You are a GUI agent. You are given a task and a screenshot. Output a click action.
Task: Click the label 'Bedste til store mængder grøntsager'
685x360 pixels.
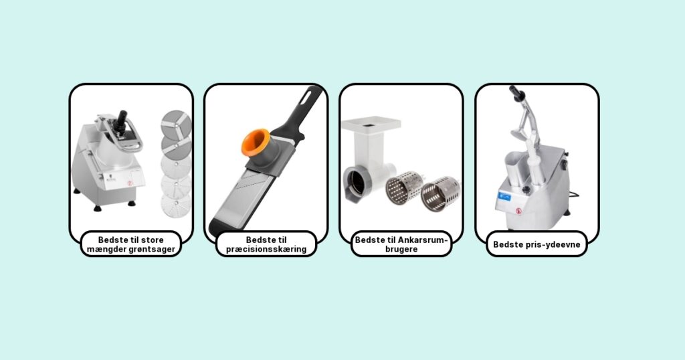pyautogui.click(x=131, y=244)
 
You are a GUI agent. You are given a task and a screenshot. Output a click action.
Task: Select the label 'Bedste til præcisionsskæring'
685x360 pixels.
pyautogui.click(x=266, y=244)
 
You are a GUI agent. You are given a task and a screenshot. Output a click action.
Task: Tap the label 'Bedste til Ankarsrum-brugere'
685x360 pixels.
pyautogui.click(x=401, y=244)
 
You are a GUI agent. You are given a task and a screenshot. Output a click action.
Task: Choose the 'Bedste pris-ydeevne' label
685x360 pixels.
pyautogui.click(x=537, y=244)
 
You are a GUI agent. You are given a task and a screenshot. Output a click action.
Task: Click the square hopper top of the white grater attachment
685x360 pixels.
pyautogui.click(x=371, y=123)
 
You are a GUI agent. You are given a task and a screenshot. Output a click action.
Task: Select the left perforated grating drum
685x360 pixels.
pyautogui.click(x=404, y=187)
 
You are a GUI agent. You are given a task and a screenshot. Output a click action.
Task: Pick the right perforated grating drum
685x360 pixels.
pyautogui.click(x=440, y=193)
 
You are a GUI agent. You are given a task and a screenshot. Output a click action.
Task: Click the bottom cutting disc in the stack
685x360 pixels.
pyautogui.click(x=176, y=205)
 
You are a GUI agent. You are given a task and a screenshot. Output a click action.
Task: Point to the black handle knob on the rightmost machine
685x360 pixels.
pyautogui.click(x=516, y=93)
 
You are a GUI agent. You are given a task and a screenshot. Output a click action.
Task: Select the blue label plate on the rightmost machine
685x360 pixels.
pyautogui.click(x=505, y=197)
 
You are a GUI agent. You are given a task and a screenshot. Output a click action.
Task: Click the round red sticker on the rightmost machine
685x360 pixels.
pyautogui.click(x=518, y=211)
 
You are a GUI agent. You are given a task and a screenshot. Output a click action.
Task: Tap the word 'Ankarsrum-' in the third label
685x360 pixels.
pyautogui.click(x=423, y=240)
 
